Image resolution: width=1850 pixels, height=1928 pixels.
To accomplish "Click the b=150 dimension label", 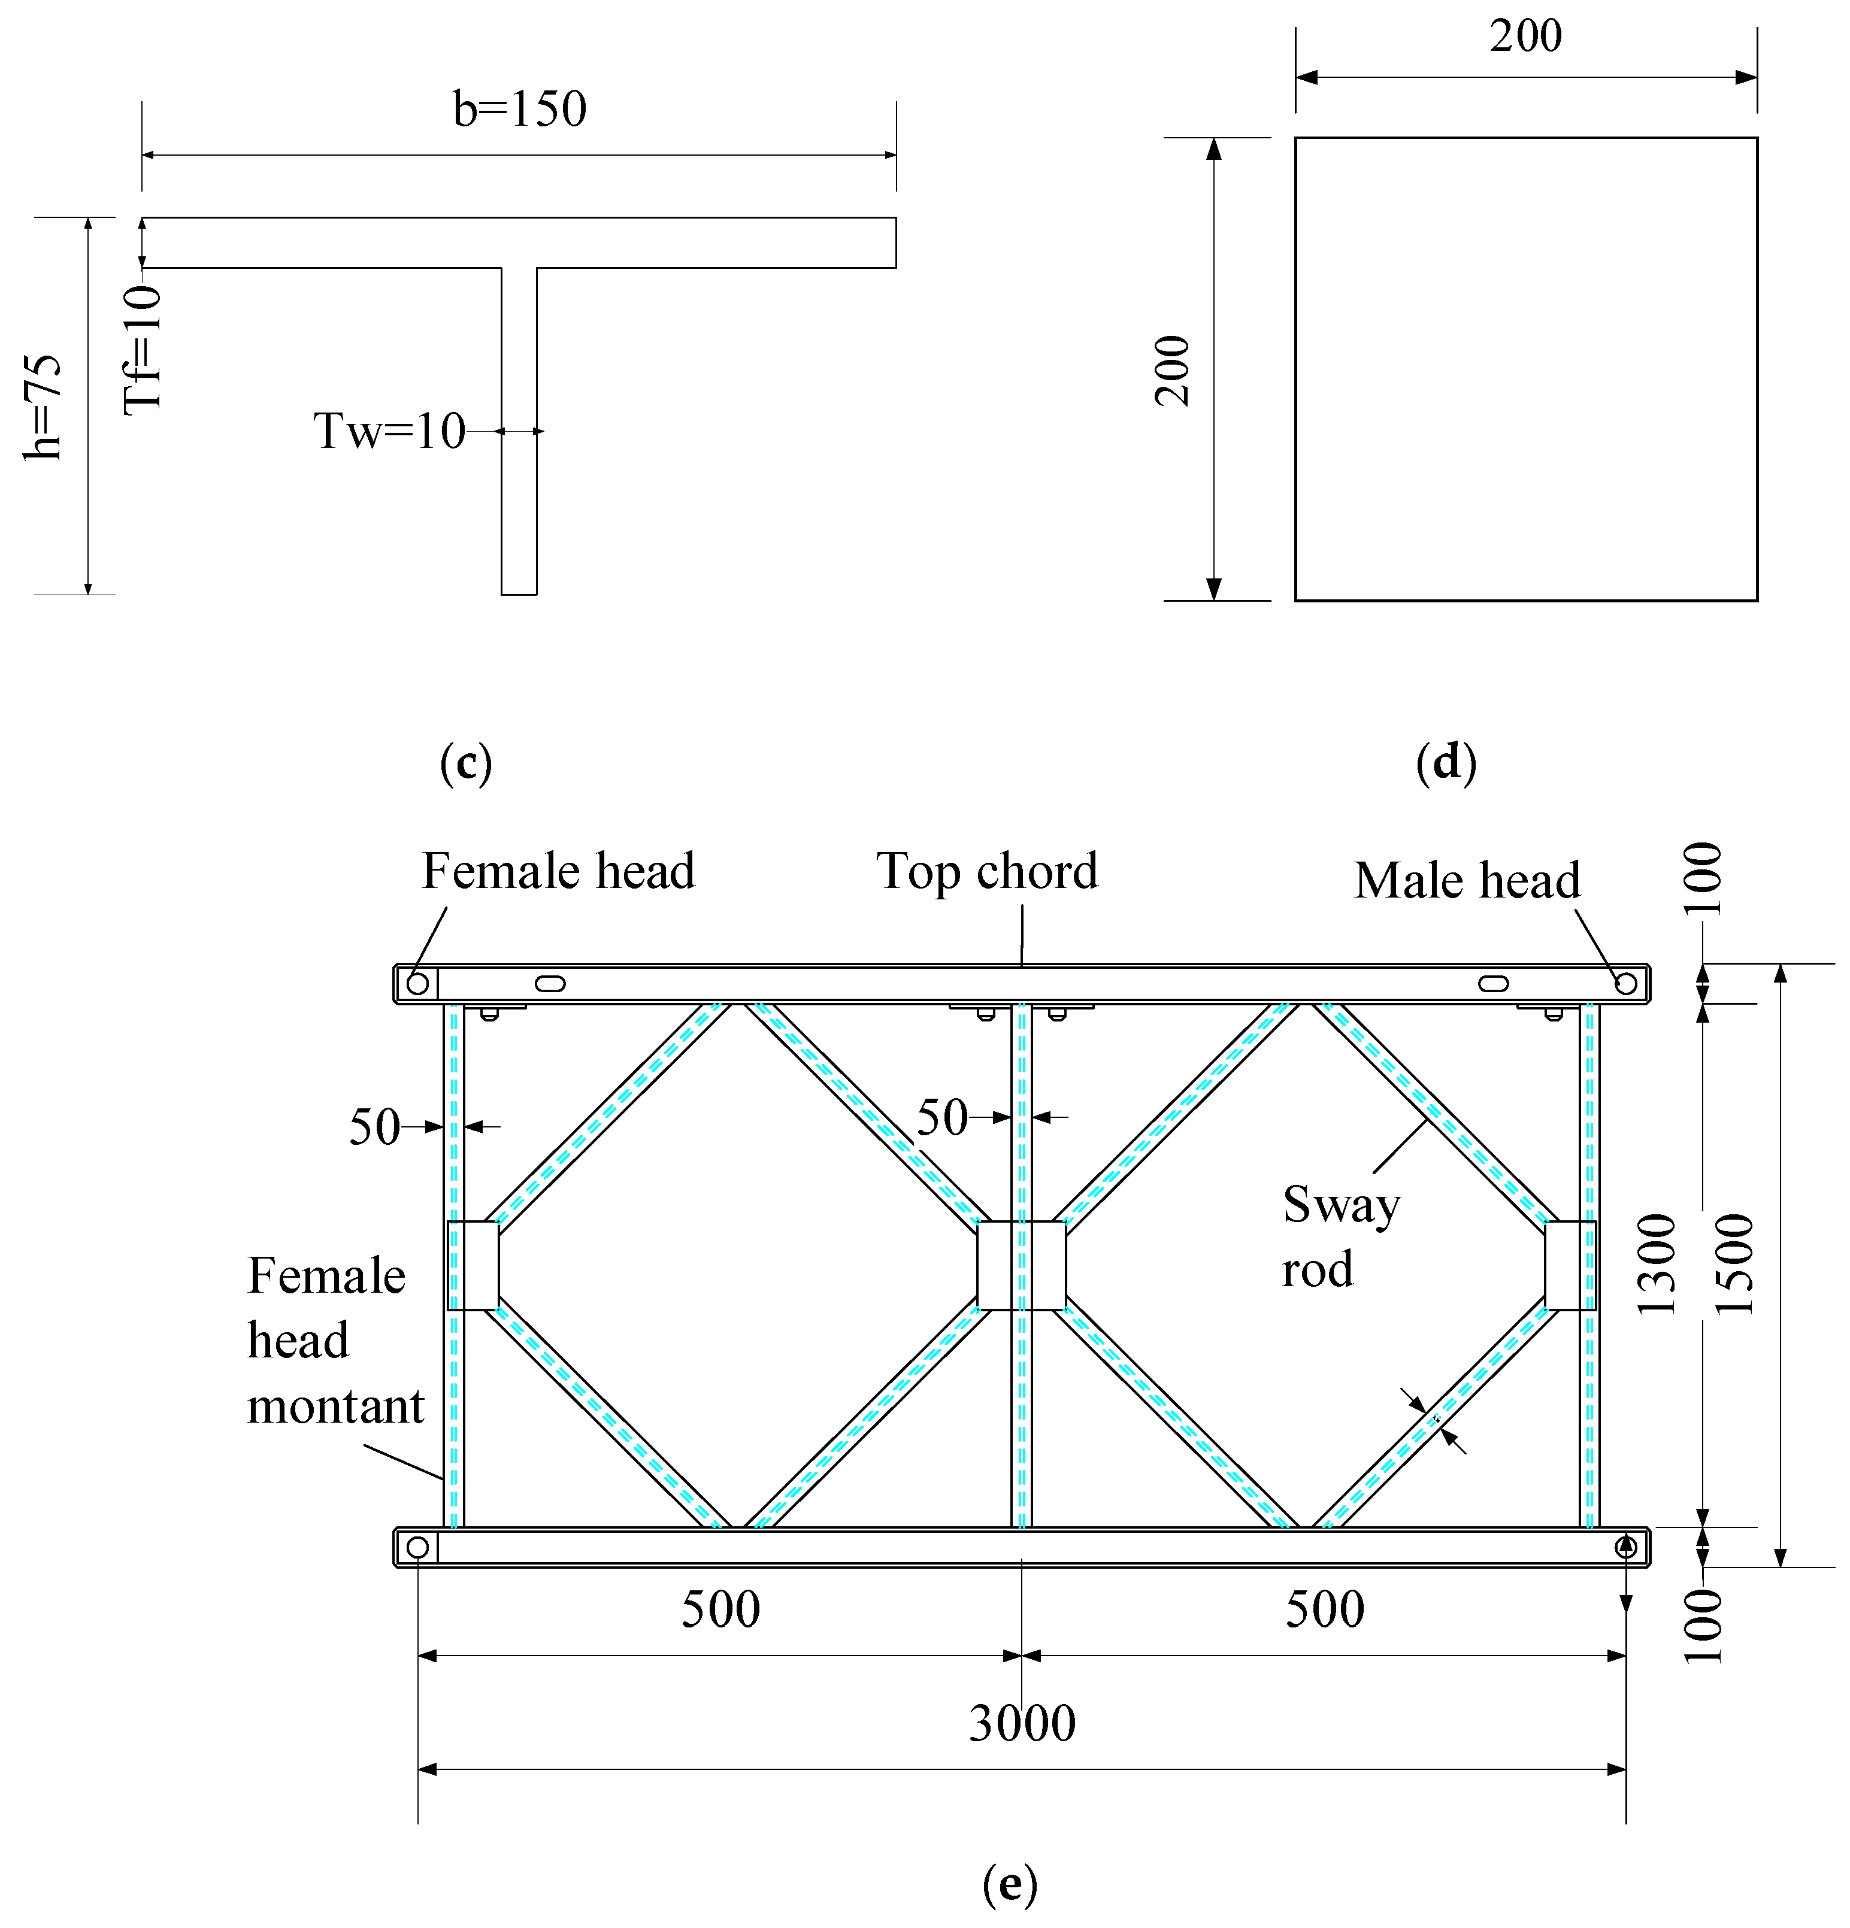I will pyautogui.click(x=520, y=109).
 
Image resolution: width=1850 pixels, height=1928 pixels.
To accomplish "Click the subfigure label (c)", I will pyautogui.click(x=465, y=763).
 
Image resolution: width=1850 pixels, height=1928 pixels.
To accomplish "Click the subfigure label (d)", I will pyautogui.click(x=1446, y=763).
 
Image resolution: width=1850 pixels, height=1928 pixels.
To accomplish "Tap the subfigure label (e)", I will pyautogui.click(x=1010, y=1885).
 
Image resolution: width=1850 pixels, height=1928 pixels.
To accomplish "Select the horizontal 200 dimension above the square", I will pyautogui.click(x=1525, y=37).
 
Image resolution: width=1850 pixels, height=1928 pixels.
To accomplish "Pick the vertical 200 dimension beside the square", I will pyautogui.click(x=1173, y=370).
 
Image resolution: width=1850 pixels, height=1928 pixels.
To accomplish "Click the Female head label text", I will pyautogui.click(x=558, y=872).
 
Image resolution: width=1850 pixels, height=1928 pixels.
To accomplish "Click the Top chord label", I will pyautogui.click(x=987, y=872).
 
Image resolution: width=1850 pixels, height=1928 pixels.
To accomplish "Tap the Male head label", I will pyautogui.click(x=1466, y=880).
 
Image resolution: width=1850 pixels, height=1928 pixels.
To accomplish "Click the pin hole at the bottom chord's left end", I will pyautogui.click(x=417, y=1547).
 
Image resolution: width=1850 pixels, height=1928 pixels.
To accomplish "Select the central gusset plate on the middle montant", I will pyautogui.click(x=1022, y=1266).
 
